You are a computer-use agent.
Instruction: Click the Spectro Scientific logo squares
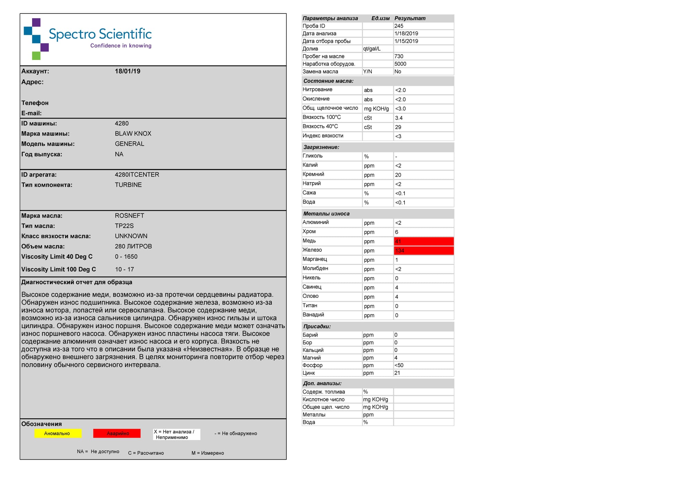pos(36,39)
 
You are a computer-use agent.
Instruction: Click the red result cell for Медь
pos(423,241)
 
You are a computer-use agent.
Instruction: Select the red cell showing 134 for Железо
pos(423,251)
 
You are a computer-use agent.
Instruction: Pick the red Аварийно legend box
pos(117,434)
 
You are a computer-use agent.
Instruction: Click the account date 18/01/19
pos(127,71)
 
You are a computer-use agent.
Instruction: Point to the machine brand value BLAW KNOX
pos(133,134)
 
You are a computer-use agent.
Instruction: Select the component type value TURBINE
pos(128,185)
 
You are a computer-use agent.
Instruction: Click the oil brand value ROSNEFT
pos(130,216)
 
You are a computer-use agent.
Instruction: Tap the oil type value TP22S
pos(124,226)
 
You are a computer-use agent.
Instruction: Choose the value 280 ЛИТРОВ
pos(133,247)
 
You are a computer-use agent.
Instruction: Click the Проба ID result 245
pos(399,26)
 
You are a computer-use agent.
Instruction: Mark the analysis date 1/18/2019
pos(406,34)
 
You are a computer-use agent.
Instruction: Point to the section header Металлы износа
pos(326,214)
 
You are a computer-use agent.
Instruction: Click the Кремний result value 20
pos(398,175)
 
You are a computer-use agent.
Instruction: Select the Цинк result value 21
pos(397,373)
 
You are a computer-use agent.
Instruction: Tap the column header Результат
pos(410,19)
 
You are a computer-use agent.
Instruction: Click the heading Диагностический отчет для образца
pos(77,282)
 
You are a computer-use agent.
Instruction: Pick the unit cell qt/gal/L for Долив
pos(372,49)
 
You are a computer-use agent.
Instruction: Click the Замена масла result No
pos(398,72)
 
